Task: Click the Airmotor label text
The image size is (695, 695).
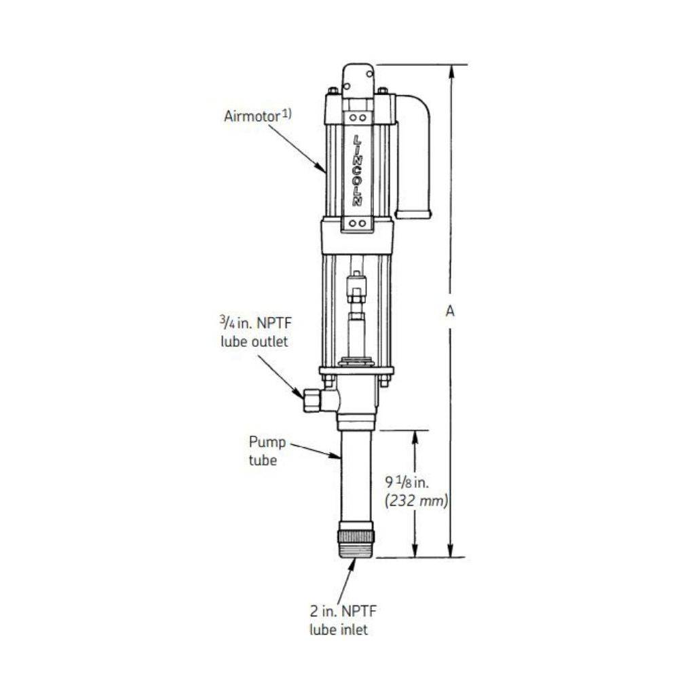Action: point(251,116)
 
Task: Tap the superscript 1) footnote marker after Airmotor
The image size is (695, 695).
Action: point(286,113)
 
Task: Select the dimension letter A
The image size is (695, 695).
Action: point(449,311)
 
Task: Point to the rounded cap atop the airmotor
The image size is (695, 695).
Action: point(358,78)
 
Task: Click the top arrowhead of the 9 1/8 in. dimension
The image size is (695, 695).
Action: point(415,436)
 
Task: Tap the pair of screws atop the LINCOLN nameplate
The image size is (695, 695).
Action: point(357,117)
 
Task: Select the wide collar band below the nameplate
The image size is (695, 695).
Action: point(357,236)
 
